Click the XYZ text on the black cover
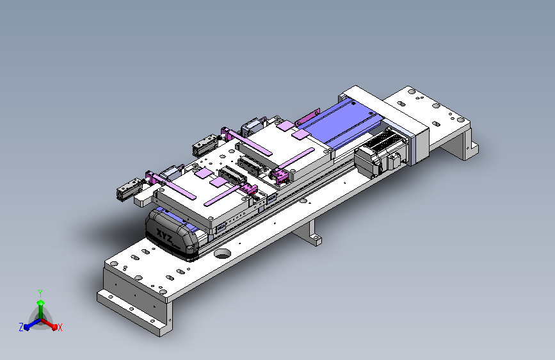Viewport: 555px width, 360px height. click(x=165, y=236)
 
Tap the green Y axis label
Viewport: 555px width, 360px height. click(x=40, y=293)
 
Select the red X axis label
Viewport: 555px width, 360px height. click(x=60, y=327)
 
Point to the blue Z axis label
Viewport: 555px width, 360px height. click(x=21, y=327)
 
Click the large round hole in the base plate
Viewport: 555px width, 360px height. click(x=223, y=254)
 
